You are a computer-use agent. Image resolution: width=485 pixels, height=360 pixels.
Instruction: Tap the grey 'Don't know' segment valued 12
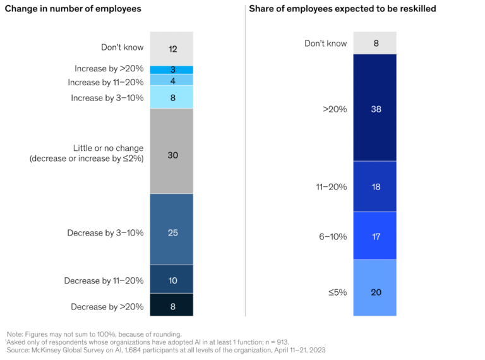(x=172, y=49)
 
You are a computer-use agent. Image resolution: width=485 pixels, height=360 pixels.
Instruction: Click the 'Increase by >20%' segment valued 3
(x=172, y=69)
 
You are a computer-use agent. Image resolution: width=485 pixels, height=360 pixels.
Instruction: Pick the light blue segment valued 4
(x=172, y=80)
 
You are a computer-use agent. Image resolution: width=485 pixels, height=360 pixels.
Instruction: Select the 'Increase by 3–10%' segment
(x=172, y=97)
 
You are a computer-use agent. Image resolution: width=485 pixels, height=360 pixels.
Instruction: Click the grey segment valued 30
(x=172, y=152)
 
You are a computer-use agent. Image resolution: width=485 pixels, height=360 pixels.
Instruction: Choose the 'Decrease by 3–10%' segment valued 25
(x=172, y=232)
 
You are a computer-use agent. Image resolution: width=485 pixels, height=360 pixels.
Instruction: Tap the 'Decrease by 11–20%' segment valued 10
(x=172, y=280)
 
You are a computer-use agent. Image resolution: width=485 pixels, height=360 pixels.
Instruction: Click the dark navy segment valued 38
(x=375, y=108)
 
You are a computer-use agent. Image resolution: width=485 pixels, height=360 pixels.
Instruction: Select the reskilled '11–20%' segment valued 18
(x=375, y=187)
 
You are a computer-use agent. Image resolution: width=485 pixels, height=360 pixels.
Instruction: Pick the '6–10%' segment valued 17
(x=375, y=236)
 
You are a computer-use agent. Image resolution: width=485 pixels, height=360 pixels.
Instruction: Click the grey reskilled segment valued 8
(x=375, y=43)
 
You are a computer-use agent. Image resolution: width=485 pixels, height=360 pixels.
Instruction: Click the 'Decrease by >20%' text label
(x=105, y=308)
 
